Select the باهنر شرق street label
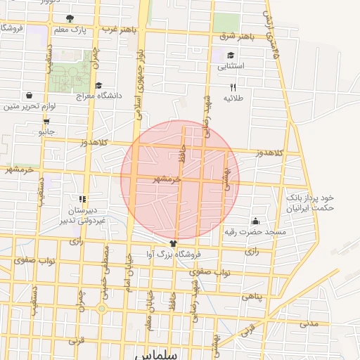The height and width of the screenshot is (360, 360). (x=234, y=35)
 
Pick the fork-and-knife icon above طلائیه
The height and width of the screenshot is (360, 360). (x=233, y=87)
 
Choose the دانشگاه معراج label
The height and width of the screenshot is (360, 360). (x=103, y=95)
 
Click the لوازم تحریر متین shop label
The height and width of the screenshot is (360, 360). (x=29, y=106)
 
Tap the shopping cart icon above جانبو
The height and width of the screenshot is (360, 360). (x=46, y=120)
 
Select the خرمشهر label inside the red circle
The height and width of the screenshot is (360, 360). (x=167, y=179)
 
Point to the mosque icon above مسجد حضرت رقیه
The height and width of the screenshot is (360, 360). (x=255, y=221)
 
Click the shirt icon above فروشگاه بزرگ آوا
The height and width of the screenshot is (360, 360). (x=165, y=242)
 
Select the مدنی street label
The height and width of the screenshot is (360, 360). (x=309, y=323)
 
